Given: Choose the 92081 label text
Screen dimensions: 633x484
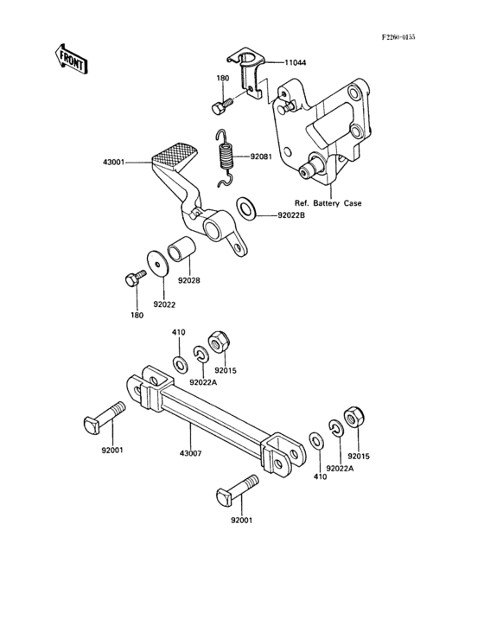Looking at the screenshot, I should coord(263,158).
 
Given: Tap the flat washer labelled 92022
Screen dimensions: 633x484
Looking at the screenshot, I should coord(156,264).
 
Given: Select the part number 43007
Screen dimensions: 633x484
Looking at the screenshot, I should coord(190,454).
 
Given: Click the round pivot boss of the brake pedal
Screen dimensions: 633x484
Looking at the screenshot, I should coord(212,227).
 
